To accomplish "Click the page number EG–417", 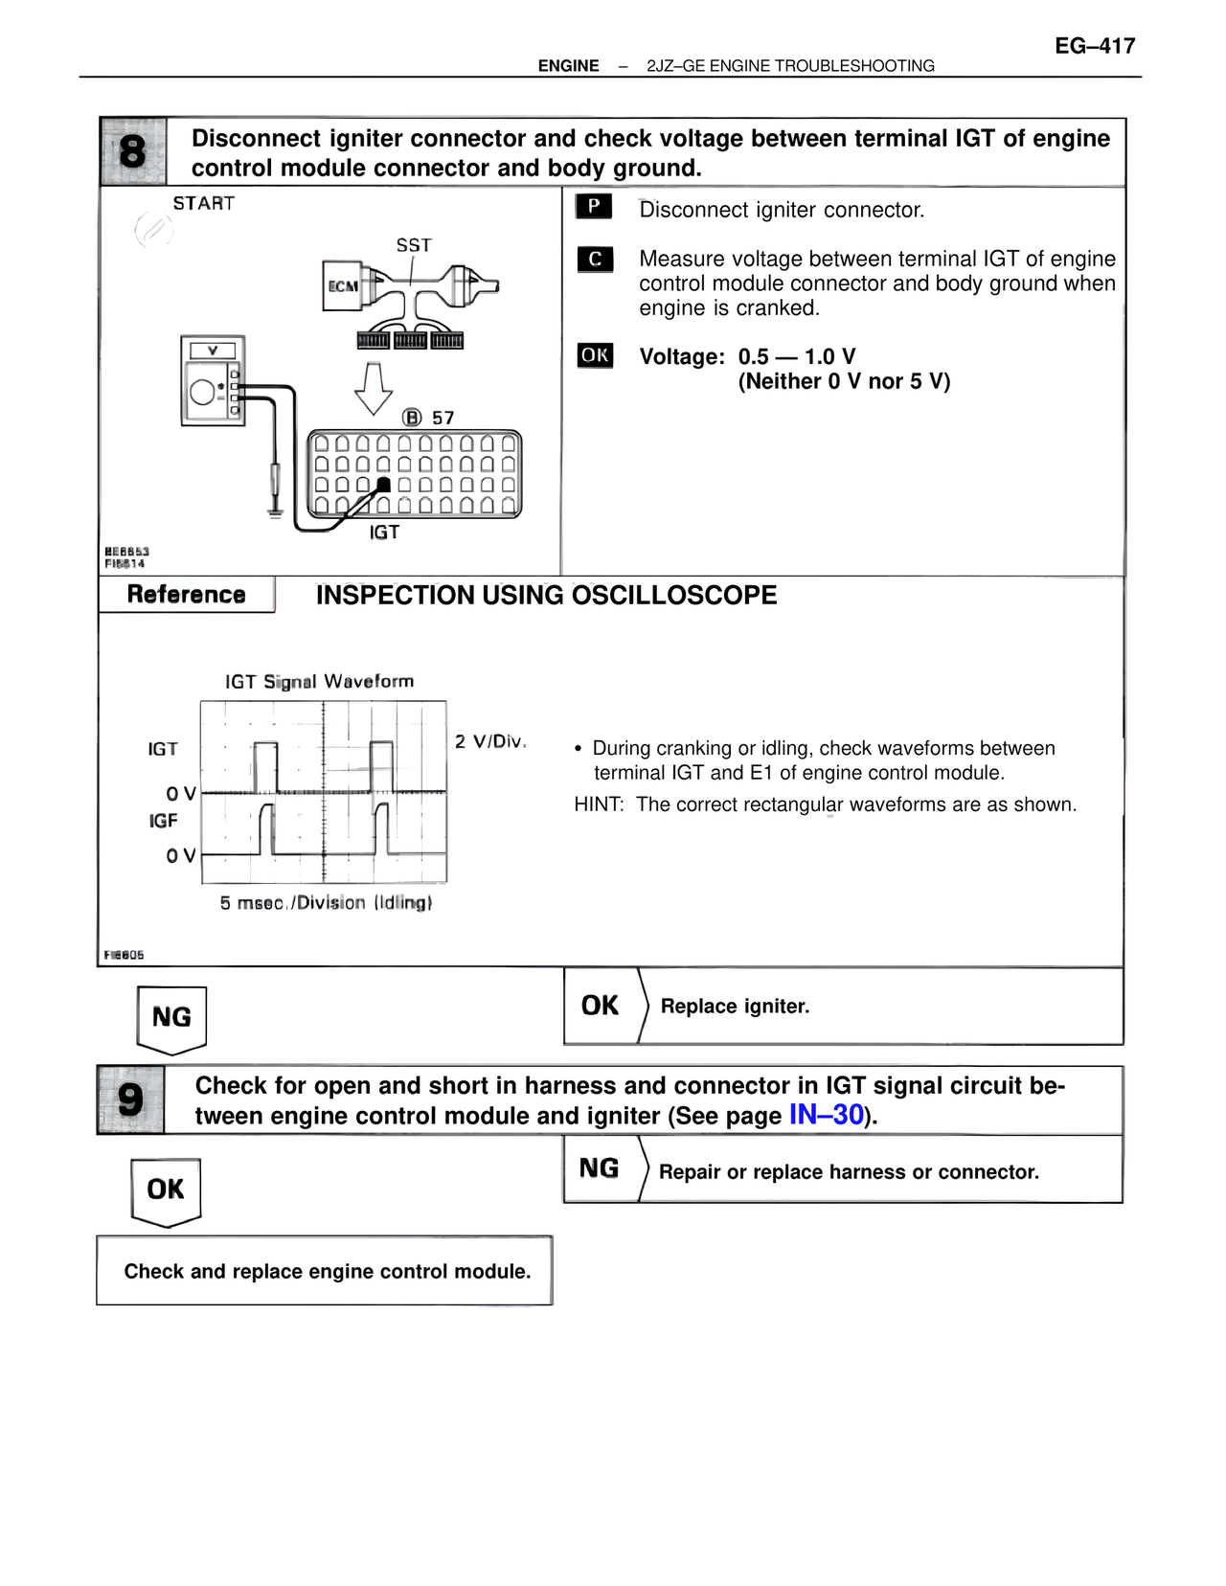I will [x=1095, y=46].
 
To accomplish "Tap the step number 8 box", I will [x=133, y=151].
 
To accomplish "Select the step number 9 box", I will [x=130, y=1099].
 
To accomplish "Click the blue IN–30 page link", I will [x=826, y=1115].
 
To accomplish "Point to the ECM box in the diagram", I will [x=343, y=285].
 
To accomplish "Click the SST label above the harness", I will [x=414, y=245].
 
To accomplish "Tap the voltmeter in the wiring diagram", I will [x=213, y=380].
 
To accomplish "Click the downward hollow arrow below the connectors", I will [x=374, y=387].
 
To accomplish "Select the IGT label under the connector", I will [x=384, y=532].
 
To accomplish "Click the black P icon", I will [x=594, y=206].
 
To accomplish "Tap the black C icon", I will [x=595, y=259].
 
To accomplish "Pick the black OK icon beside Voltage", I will [x=595, y=355].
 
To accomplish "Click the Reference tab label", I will [x=186, y=595].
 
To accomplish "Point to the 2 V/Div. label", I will [x=490, y=741].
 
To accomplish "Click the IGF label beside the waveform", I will [x=163, y=821].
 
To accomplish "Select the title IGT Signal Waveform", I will [x=319, y=681].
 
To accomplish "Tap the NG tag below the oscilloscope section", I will [x=171, y=1017].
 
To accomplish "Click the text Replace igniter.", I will [x=735, y=1007].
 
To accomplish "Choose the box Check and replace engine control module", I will [x=326, y=1271].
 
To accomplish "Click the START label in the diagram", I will [x=203, y=203].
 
